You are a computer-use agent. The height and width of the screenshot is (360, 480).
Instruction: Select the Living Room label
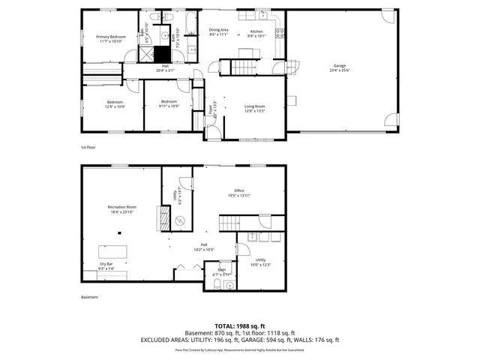255,109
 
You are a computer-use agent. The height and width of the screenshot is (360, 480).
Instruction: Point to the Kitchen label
257,33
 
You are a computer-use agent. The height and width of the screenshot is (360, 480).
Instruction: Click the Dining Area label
219,31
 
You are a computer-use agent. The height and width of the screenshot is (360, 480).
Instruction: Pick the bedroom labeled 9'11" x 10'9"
169,103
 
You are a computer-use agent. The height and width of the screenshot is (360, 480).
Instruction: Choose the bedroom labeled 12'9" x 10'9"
115,103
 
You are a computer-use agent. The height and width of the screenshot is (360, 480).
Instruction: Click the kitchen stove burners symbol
280,33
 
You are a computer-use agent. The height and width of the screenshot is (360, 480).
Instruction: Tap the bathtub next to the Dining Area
190,19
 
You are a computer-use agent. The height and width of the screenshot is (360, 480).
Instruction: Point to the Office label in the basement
239,193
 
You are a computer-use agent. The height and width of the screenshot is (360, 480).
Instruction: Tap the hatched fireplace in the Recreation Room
160,219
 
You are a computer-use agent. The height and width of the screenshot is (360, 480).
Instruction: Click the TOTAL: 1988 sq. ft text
240,325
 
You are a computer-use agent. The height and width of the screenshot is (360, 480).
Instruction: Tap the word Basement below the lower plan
89,298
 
